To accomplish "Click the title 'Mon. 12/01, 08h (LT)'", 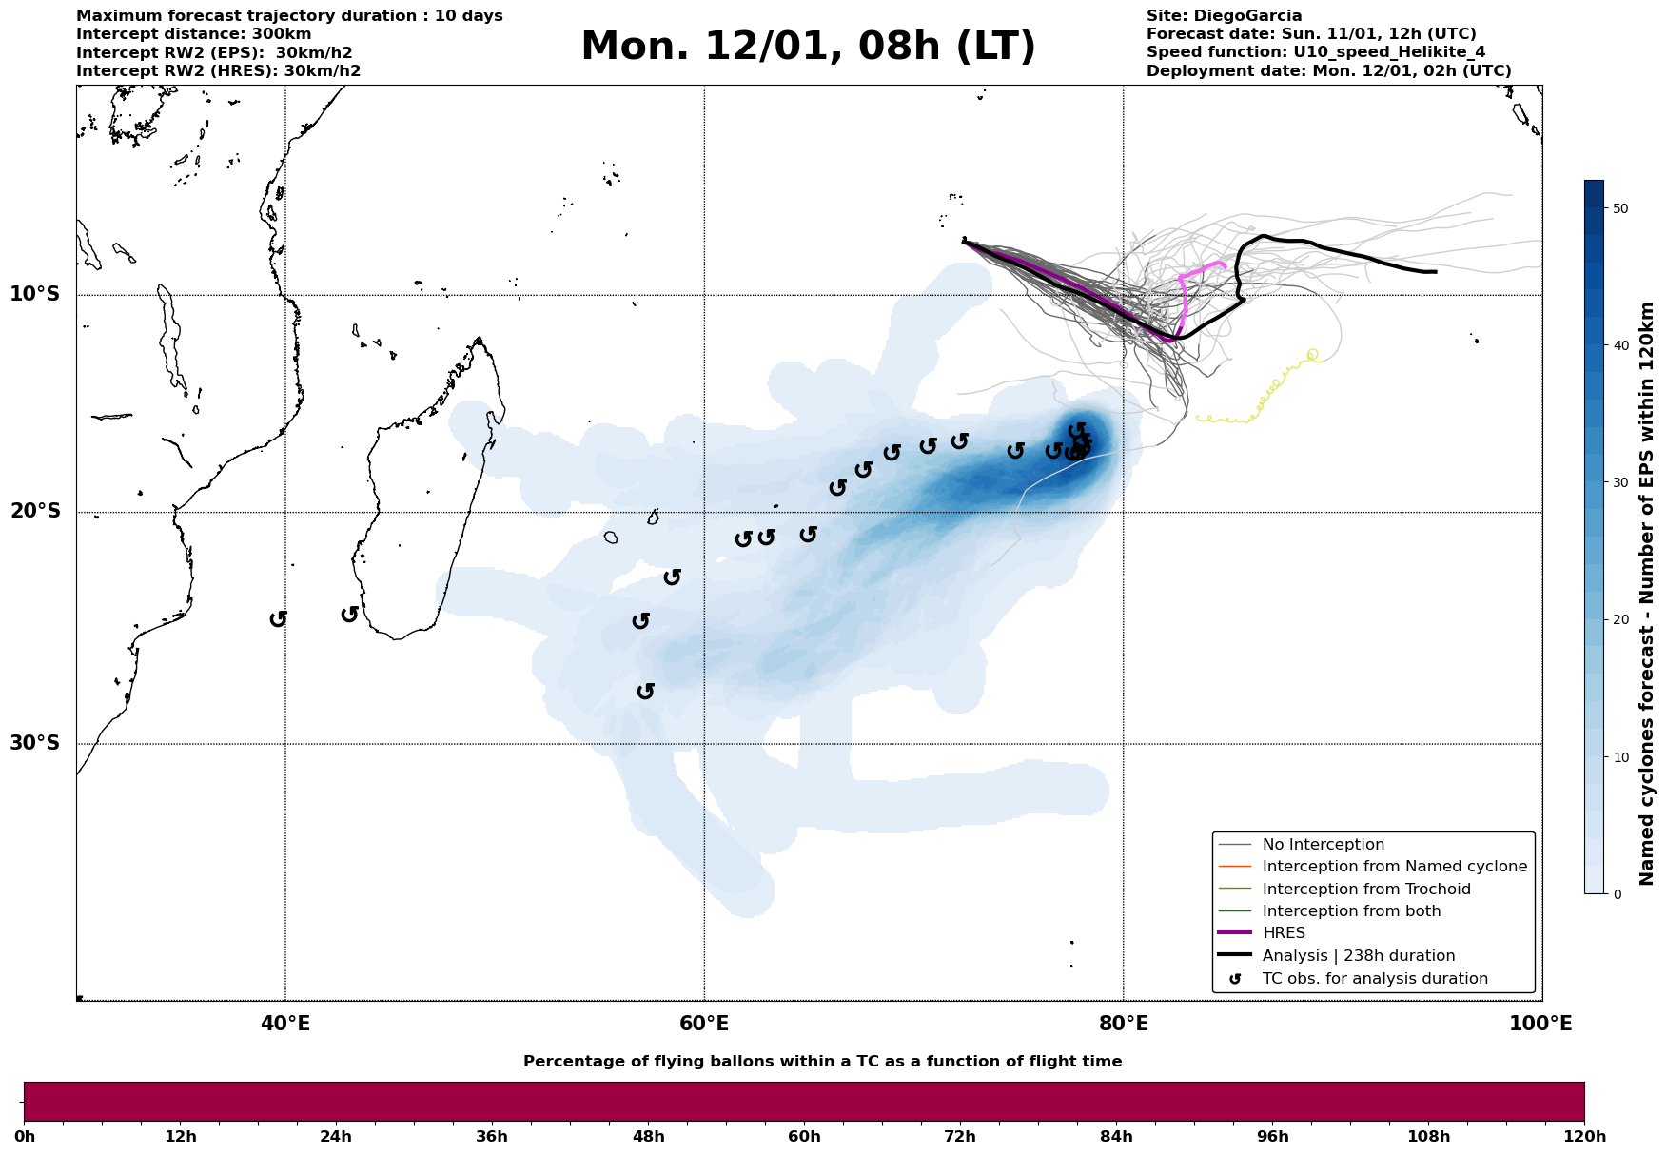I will coord(808,47).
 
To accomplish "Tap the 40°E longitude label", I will coord(285,1024).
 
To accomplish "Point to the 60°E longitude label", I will coord(704,1024).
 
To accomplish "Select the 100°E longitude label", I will coord(1541,1024).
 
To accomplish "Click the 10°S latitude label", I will coord(35,294).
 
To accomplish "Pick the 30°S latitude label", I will coord(35,743).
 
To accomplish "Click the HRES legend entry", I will coord(1284,933).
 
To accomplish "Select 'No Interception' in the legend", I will coord(1323,845).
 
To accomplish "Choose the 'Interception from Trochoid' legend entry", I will coord(1366,890).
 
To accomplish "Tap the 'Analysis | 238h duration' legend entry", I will coord(1359,956).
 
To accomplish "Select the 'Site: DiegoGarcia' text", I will coord(1224,16).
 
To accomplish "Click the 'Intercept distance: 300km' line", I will coord(193,34).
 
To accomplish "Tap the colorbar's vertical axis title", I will coord(1648,594).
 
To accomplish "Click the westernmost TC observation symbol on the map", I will coord(278,618).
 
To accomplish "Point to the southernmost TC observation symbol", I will coord(645,691).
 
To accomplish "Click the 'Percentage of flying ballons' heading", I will coord(822,1062).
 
